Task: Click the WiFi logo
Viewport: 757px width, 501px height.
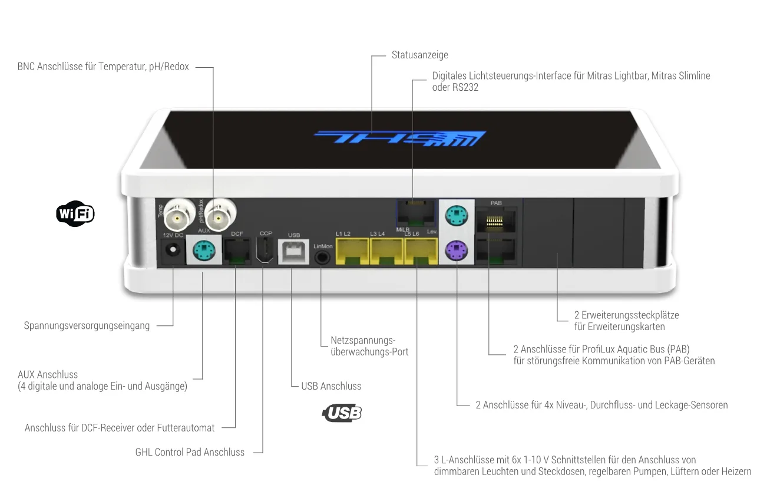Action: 75,213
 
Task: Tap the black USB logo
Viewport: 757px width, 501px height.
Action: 342,413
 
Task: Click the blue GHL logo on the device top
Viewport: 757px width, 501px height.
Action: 400,139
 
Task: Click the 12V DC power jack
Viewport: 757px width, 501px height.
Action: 173,250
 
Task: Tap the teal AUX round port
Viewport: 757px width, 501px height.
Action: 204,250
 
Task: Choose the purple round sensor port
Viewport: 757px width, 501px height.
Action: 456,250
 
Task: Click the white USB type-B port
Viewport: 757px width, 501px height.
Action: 293,252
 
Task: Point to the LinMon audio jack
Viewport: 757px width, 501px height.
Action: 322,258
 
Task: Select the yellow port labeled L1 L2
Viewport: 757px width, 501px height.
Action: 352,251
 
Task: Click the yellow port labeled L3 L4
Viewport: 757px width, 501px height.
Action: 386,251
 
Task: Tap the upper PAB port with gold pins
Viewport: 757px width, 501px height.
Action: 495,220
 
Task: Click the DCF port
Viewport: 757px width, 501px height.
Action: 237,251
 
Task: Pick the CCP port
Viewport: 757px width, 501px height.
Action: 265,250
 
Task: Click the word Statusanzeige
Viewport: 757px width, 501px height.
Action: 419,55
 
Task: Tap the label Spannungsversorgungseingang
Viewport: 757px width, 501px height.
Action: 87,326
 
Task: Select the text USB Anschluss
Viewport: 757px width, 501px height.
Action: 331,386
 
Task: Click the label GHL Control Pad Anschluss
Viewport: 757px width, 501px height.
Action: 190,452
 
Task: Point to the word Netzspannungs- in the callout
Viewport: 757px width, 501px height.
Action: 363,340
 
